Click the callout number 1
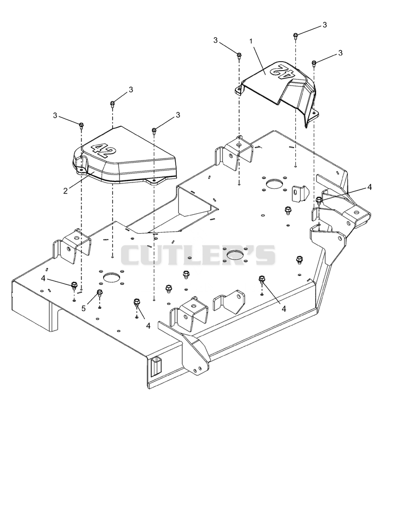point(251,41)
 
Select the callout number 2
point(66,191)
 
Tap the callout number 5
point(84,308)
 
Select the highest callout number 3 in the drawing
point(325,25)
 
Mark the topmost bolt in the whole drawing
point(296,36)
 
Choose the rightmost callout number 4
point(369,187)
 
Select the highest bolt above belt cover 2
point(112,104)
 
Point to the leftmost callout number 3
point(55,115)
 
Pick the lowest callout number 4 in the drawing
point(148,326)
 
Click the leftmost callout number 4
point(43,278)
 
